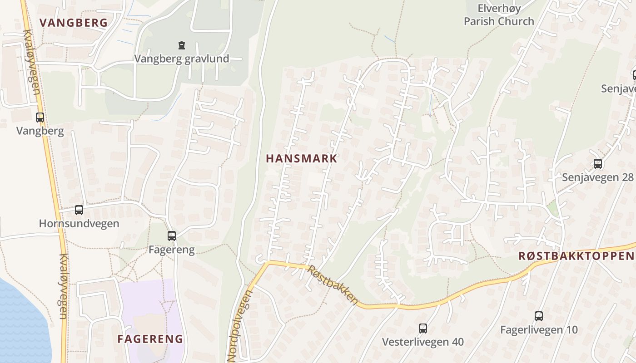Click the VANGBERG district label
click(x=74, y=23)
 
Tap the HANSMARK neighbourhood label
click(x=302, y=158)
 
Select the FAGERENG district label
click(x=150, y=339)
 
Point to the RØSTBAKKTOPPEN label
click(x=576, y=256)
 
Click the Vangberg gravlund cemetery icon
click(x=182, y=45)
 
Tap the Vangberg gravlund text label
click(x=182, y=59)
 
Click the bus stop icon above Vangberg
click(x=40, y=118)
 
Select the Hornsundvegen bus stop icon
click(x=79, y=210)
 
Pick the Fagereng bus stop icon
click(x=172, y=236)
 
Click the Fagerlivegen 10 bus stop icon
click(x=539, y=316)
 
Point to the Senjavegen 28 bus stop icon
click(x=598, y=164)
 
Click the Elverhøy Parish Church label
click(x=499, y=15)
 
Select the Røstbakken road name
click(x=333, y=285)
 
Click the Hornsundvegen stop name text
click(x=79, y=224)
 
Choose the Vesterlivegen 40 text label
click(x=423, y=342)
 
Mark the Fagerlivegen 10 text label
click(x=539, y=330)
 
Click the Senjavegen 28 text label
click(x=598, y=177)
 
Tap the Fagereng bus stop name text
click(x=172, y=250)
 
